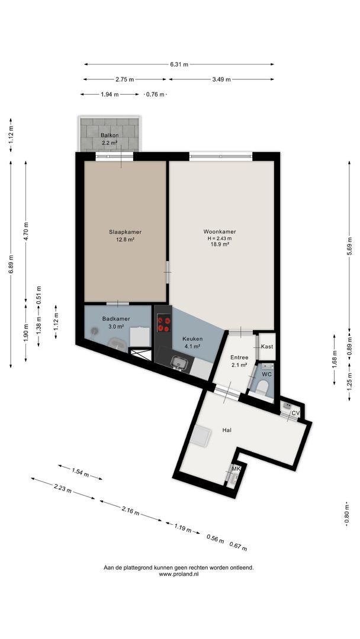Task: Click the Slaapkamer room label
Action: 125,232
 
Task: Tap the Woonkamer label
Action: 220,232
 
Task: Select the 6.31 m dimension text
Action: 179,64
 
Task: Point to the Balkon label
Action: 110,135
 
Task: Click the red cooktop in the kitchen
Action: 164,324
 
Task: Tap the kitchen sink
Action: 179,362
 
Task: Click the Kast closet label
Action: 267,347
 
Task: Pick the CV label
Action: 296,413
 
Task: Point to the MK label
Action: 236,469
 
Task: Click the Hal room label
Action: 227,430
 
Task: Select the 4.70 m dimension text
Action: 26,231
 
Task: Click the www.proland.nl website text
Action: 179,574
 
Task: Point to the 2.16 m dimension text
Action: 130,511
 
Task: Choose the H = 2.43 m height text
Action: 220,238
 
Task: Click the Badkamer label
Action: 116,319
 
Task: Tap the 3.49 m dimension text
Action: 221,79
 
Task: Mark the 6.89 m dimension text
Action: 11,265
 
